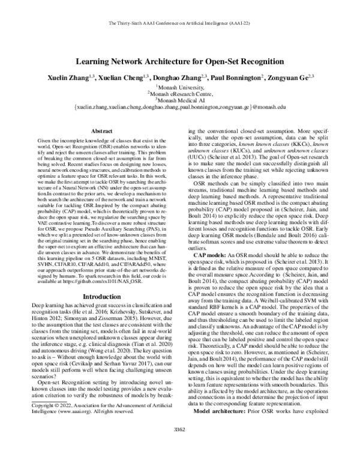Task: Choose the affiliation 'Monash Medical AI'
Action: [180, 100]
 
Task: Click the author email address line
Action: [180, 107]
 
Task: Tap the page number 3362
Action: [180, 446]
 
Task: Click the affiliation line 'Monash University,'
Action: [180, 87]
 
